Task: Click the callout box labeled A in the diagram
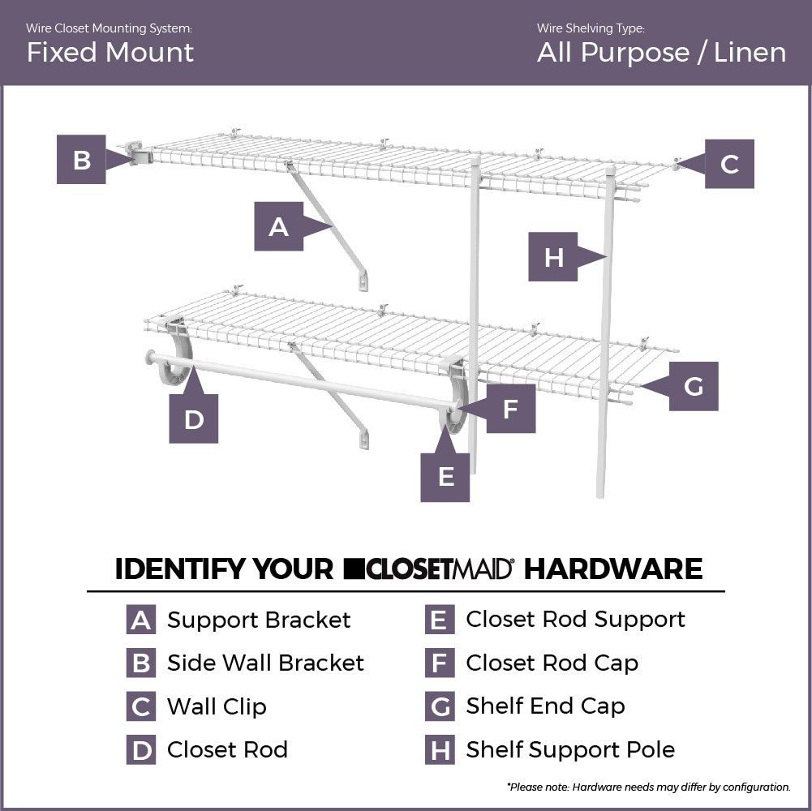(278, 226)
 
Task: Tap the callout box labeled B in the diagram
(81, 160)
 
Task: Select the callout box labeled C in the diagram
(729, 164)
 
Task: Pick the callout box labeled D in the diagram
(193, 419)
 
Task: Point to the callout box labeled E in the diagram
(445, 478)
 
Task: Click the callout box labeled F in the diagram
(510, 409)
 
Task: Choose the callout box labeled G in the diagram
(693, 386)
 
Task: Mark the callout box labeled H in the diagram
(553, 257)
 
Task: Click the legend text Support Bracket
(259, 620)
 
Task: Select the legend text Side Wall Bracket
(265, 663)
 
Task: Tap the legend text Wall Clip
(217, 707)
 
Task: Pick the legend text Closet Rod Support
(575, 620)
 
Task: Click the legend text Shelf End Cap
(545, 706)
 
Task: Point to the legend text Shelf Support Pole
(569, 750)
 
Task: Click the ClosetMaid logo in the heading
(429, 569)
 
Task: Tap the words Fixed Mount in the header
(110, 53)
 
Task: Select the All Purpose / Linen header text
(661, 53)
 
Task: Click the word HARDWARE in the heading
(612, 569)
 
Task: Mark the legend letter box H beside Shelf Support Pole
(439, 750)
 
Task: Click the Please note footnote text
(648, 787)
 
